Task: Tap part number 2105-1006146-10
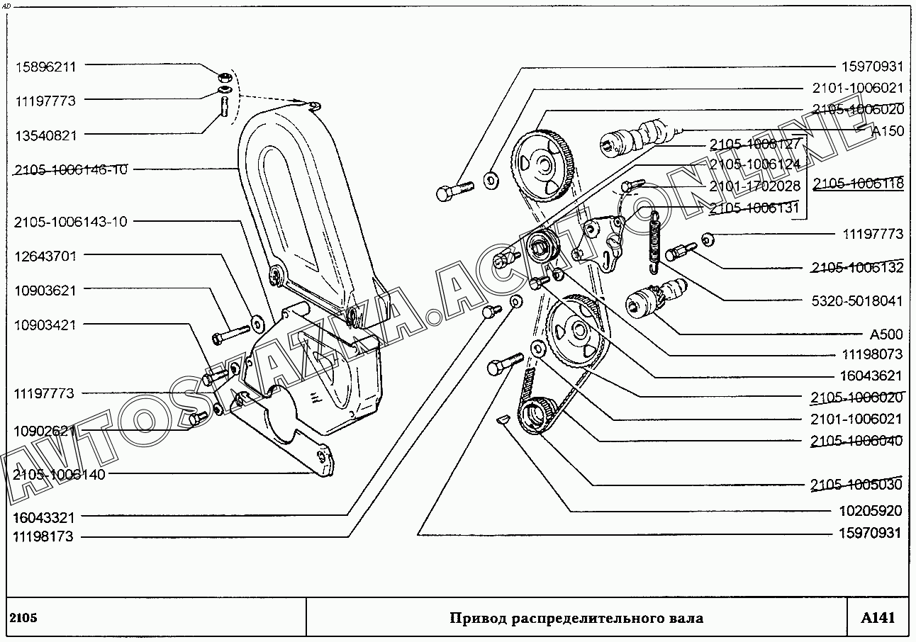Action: [x=70, y=170]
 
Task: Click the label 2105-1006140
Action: [x=59, y=475]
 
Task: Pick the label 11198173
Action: [x=43, y=537]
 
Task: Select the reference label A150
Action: [x=887, y=131]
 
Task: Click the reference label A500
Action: [x=886, y=334]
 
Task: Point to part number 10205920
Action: [x=871, y=510]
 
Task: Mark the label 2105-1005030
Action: [x=857, y=485]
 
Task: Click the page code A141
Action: [x=878, y=618]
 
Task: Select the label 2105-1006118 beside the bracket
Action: [x=858, y=184]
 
